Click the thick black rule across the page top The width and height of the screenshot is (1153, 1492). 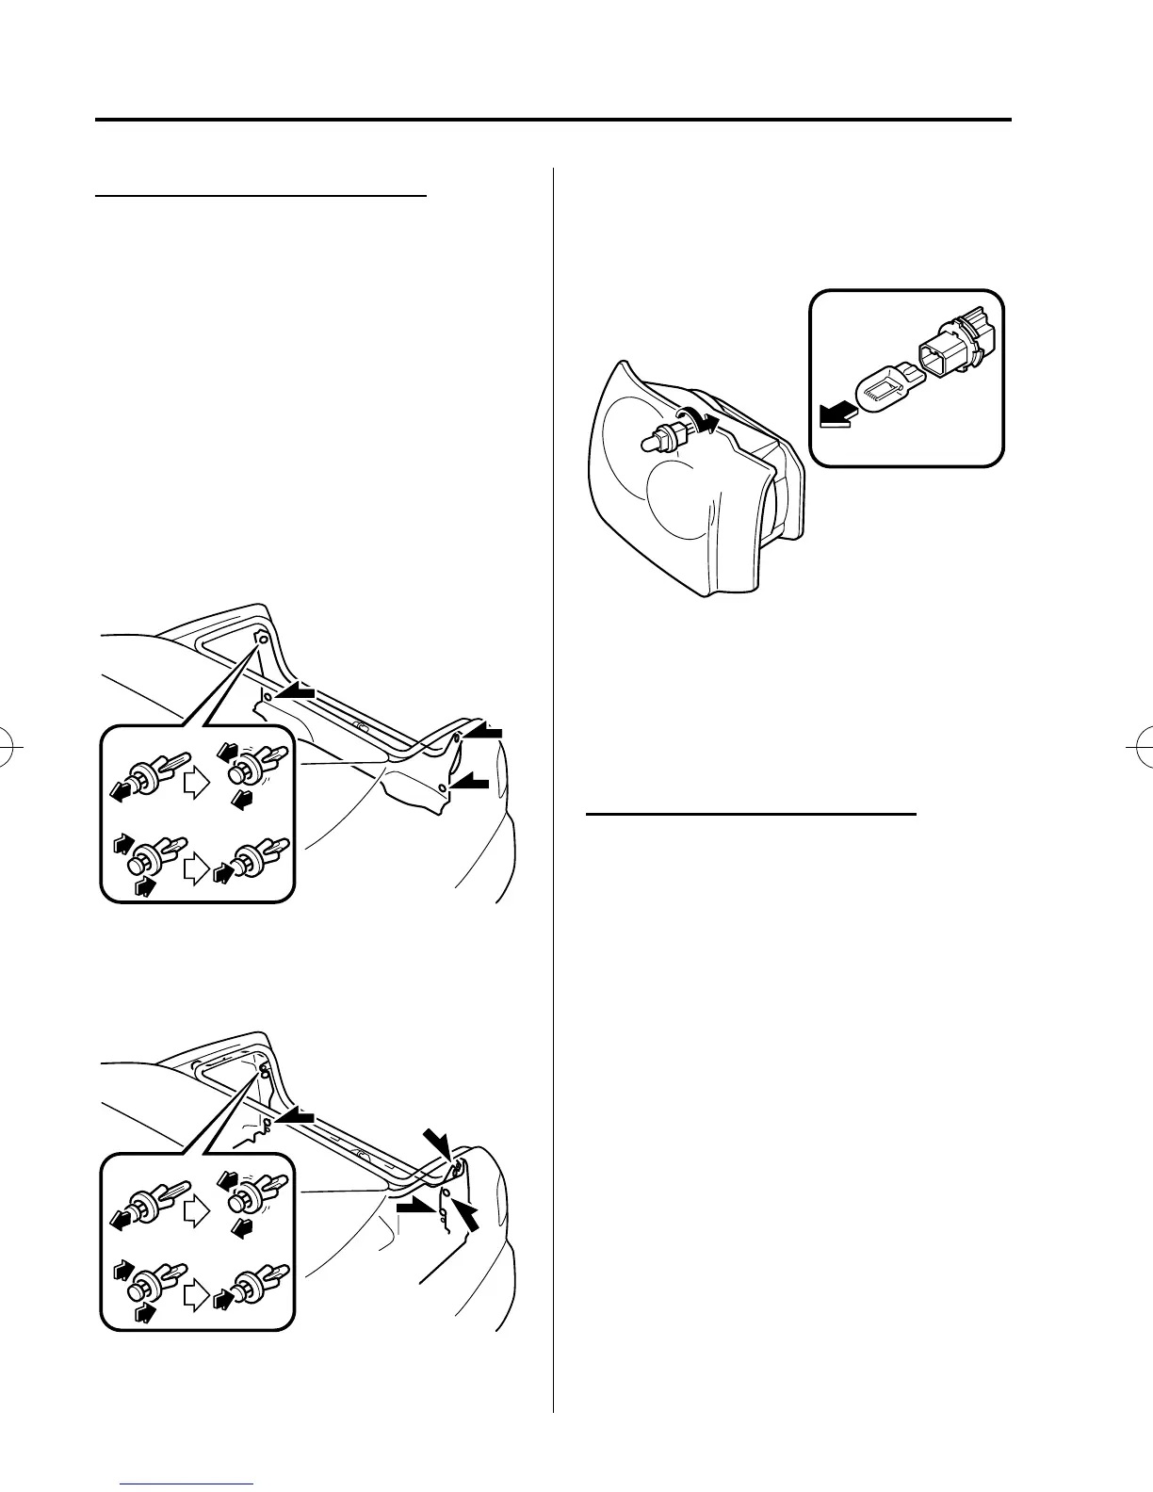click(553, 121)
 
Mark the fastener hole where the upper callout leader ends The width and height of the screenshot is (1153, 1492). click(262, 640)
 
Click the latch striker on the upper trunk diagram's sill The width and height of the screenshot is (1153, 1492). click(360, 725)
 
